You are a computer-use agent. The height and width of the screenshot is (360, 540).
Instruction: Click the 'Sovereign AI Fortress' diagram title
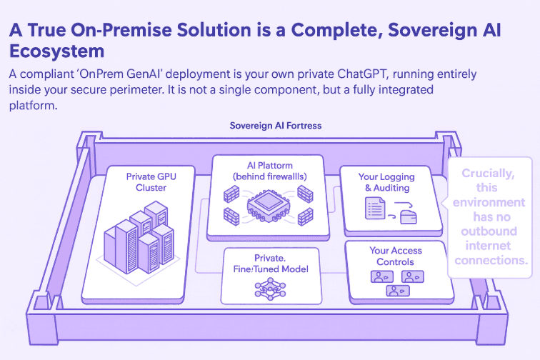pyautogui.click(x=276, y=126)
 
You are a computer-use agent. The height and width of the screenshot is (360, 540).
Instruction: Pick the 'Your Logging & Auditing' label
pyautogui.click(x=387, y=181)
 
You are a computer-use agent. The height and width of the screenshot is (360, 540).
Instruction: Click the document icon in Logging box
pyautogui.click(x=374, y=209)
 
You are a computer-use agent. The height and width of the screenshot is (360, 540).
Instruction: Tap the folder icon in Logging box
pyautogui.click(x=409, y=216)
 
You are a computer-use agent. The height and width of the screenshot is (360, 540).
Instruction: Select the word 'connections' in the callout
pyautogui.click(x=491, y=261)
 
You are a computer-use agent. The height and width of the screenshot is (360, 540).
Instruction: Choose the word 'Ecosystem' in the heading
pyautogui.click(x=56, y=52)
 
